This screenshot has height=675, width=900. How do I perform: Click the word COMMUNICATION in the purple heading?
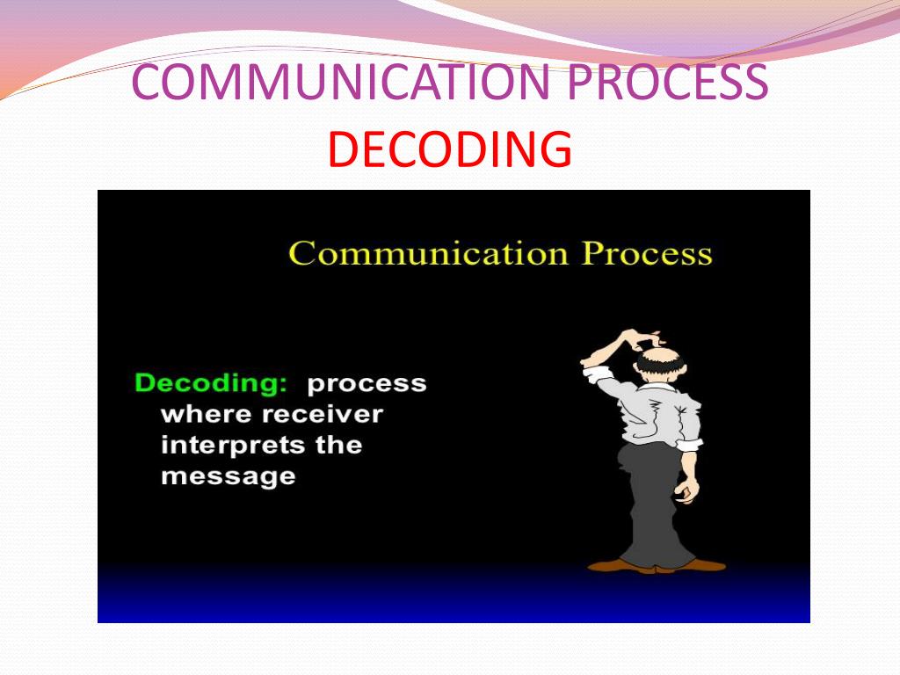coord(341,82)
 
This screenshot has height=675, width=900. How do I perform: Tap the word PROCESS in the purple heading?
coord(667,82)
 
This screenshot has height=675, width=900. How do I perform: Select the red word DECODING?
coord(450,149)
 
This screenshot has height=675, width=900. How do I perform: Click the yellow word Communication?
coord(428,253)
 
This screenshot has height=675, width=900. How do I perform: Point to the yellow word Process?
coord(647,253)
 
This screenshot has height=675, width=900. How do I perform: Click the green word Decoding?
coord(211,383)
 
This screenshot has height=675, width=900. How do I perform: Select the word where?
coord(207,414)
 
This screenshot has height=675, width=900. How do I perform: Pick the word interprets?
coord(233,446)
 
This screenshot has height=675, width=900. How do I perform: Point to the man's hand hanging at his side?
coord(686,490)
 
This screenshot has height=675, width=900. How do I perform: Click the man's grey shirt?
coord(660,412)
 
